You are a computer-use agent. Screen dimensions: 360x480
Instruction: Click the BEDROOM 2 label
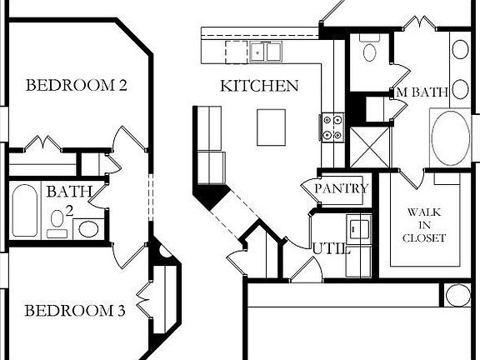click(x=76, y=85)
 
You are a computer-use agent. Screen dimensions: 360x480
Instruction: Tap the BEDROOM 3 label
click(x=75, y=312)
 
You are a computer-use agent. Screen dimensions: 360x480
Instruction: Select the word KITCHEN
click(x=259, y=86)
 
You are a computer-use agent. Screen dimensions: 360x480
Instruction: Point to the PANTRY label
click(x=341, y=189)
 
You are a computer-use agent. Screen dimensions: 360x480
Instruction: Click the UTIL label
click(x=331, y=248)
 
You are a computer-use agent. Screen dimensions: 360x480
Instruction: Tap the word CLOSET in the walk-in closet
click(x=424, y=238)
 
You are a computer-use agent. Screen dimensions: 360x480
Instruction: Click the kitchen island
click(x=271, y=127)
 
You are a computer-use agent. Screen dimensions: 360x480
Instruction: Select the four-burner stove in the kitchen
click(x=332, y=127)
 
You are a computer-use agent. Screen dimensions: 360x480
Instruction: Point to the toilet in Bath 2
click(x=57, y=222)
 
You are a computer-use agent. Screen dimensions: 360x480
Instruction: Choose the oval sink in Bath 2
click(x=87, y=228)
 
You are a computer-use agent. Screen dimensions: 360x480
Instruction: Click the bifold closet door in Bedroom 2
click(x=41, y=144)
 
